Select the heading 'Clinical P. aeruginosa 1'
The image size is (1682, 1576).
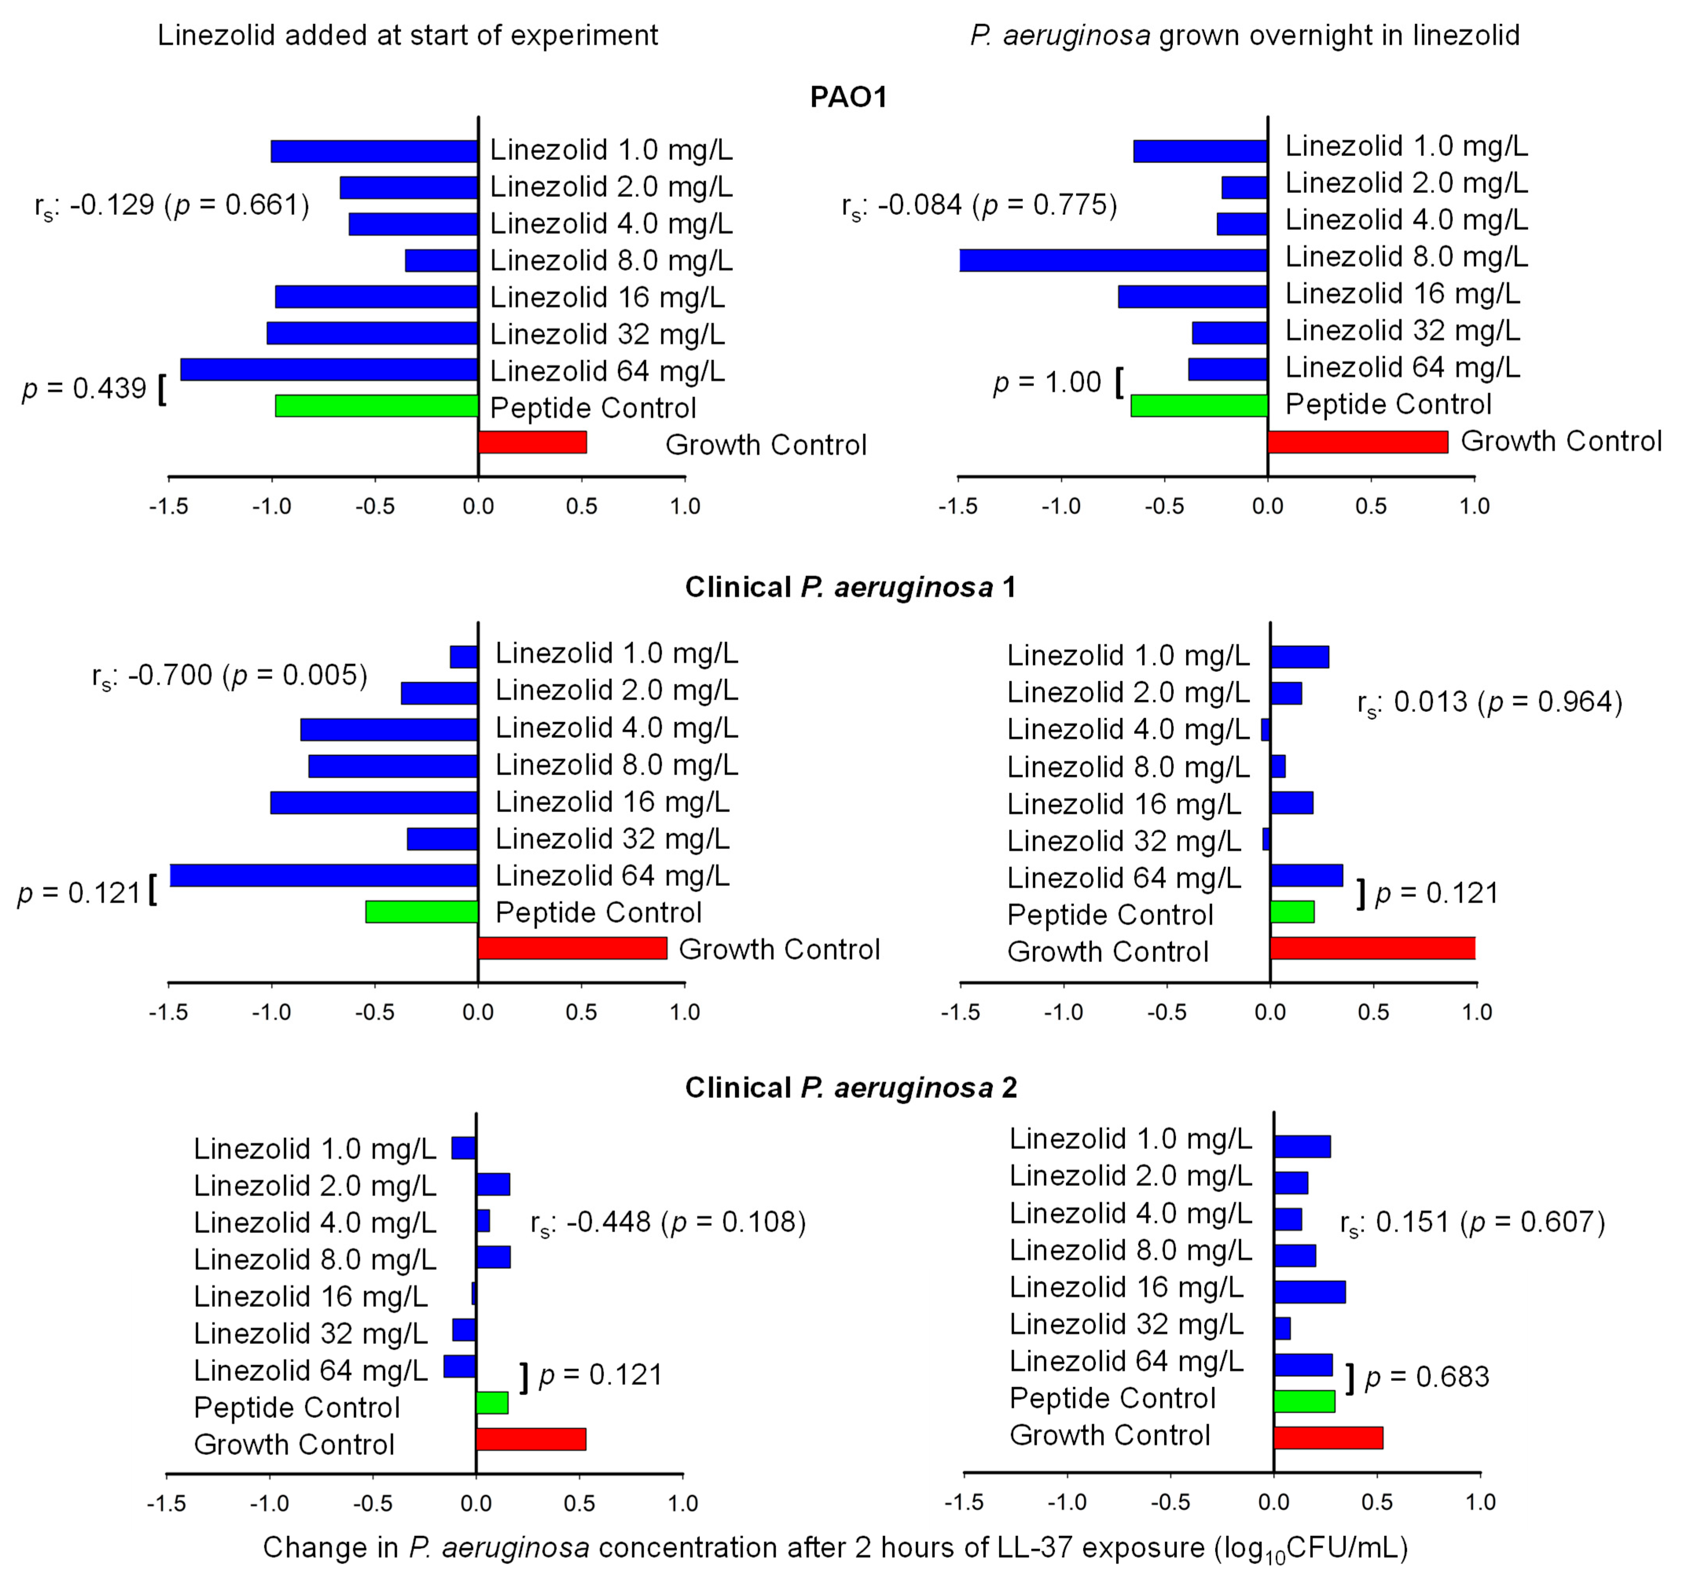pyautogui.click(x=850, y=587)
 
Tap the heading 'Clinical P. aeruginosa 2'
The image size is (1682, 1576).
pyautogui.click(x=850, y=1087)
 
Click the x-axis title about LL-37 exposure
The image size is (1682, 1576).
pyautogui.click(x=835, y=1547)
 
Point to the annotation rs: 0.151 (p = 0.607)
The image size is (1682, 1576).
pyautogui.click(x=1472, y=1222)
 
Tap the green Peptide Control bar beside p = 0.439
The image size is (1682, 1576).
pyautogui.click(x=376, y=406)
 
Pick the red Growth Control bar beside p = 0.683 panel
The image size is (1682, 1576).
pyautogui.click(x=1328, y=1437)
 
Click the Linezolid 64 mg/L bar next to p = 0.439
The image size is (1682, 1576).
pyautogui.click(x=329, y=370)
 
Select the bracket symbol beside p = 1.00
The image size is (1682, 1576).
pyautogui.click(x=1119, y=382)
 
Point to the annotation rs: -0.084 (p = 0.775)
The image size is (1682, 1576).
pyautogui.click(x=979, y=205)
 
